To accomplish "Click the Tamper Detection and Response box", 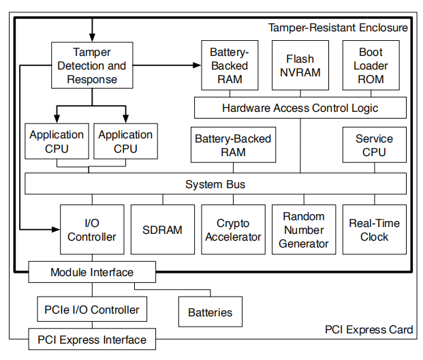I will tap(92, 65).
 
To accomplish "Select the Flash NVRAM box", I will tap(300, 65).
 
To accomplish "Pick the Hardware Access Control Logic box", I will tap(300, 108).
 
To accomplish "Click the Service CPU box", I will tap(374, 145).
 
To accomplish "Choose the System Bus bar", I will tap(215, 184).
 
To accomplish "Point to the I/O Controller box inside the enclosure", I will tap(91, 230).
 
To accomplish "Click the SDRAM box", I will tap(162, 230).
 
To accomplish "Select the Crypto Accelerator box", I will tap(233, 230).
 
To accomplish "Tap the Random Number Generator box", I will tap(304, 230).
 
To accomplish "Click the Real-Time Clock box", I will tap(374, 230).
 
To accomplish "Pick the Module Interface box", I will tap(92, 273).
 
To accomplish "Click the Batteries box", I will tap(210, 312).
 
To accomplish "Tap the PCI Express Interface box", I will tap(91, 339).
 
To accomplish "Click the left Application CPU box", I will tap(57, 142).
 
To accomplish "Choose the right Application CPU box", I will tap(125, 142).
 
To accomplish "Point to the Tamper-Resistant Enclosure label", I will tap(338, 28).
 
